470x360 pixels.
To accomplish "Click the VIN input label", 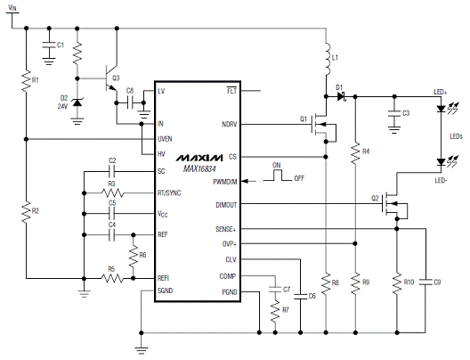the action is point(12,7).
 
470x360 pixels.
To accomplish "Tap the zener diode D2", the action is point(77,102).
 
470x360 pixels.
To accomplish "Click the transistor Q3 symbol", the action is point(110,78).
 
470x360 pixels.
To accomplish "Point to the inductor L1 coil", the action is point(327,59).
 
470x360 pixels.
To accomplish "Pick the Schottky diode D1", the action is point(341,96).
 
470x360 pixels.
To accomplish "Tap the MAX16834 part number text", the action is point(199,169).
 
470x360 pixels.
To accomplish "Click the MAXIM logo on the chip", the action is point(199,158).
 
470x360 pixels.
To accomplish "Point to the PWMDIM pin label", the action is point(225,182).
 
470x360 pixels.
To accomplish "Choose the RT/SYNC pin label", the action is point(169,192).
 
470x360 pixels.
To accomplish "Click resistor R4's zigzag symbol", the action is point(355,153).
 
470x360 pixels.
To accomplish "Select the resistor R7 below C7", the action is point(275,311).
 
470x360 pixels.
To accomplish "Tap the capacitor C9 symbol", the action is point(425,282).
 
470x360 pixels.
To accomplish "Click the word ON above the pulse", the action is point(277,166).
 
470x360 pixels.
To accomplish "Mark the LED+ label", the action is point(441,92).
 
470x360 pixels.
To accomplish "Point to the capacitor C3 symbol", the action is point(394,114).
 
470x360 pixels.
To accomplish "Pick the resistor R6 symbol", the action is point(134,256).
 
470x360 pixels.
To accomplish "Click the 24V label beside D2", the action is point(62,106).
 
